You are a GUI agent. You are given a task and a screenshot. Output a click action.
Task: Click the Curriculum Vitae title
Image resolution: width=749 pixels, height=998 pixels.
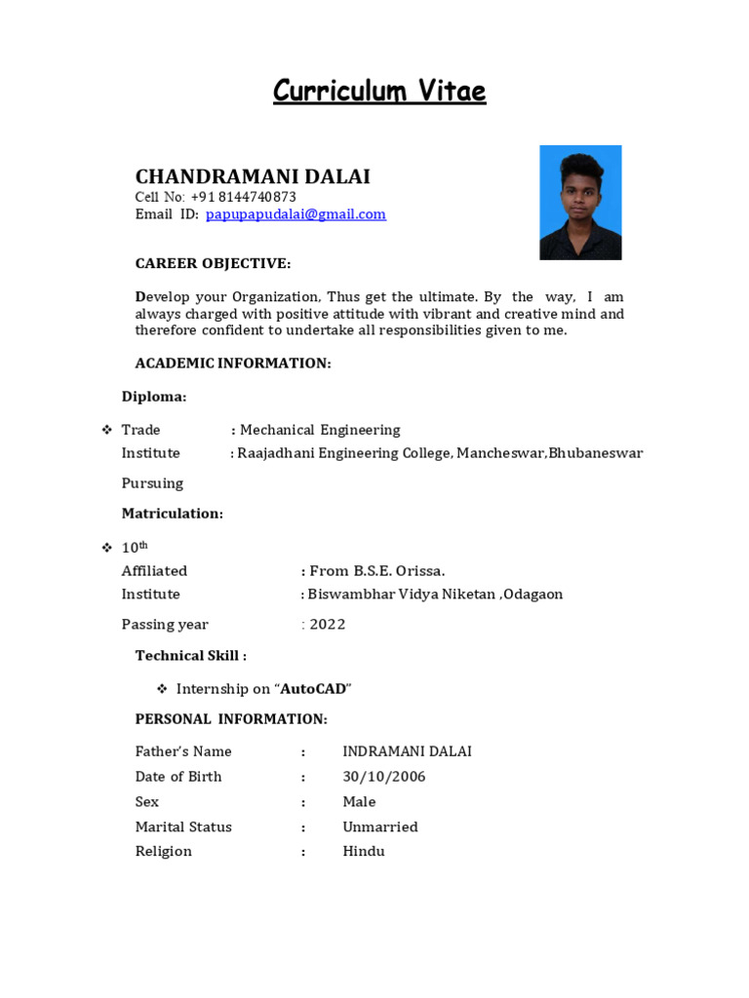(x=378, y=92)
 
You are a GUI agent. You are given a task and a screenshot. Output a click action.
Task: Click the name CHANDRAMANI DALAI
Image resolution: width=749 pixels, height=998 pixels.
(x=253, y=176)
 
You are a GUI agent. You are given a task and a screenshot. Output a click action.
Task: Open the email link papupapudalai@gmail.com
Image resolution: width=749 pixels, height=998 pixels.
(x=296, y=214)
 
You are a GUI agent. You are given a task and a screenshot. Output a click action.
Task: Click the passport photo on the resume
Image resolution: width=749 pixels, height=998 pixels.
(x=580, y=203)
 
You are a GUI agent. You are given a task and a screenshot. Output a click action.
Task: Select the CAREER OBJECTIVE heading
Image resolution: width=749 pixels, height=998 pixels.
(x=213, y=264)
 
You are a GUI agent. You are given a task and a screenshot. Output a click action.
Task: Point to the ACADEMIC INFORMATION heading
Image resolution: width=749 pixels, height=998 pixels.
(x=233, y=364)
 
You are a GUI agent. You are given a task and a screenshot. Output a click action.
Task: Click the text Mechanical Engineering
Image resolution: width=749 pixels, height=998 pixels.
(x=320, y=430)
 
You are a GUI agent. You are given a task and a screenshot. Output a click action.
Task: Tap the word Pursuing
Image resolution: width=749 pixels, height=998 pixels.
(x=152, y=483)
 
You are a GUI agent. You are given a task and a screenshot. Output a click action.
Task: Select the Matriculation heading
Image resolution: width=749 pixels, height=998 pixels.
(x=172, y=514)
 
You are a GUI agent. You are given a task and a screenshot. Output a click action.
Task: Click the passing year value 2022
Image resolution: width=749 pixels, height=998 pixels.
(x=328, y=625)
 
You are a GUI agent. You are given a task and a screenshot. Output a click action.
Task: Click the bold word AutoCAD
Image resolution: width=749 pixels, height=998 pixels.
(x=313, y=689)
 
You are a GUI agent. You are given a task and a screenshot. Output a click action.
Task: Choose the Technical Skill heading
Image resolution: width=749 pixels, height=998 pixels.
(x=190, y=656)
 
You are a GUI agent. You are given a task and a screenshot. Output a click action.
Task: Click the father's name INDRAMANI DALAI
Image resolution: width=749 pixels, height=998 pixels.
(x=407, y=751)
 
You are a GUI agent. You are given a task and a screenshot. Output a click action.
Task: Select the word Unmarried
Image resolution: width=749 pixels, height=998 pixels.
(x=380, y=826)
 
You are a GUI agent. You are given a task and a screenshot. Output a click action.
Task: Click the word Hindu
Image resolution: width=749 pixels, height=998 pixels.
(x=364, y=852)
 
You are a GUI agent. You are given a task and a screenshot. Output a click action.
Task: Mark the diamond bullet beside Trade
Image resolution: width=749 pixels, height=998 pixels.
(x=107, y=430)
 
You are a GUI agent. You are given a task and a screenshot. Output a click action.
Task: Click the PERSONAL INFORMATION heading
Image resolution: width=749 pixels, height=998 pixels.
(x=231, y=719)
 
